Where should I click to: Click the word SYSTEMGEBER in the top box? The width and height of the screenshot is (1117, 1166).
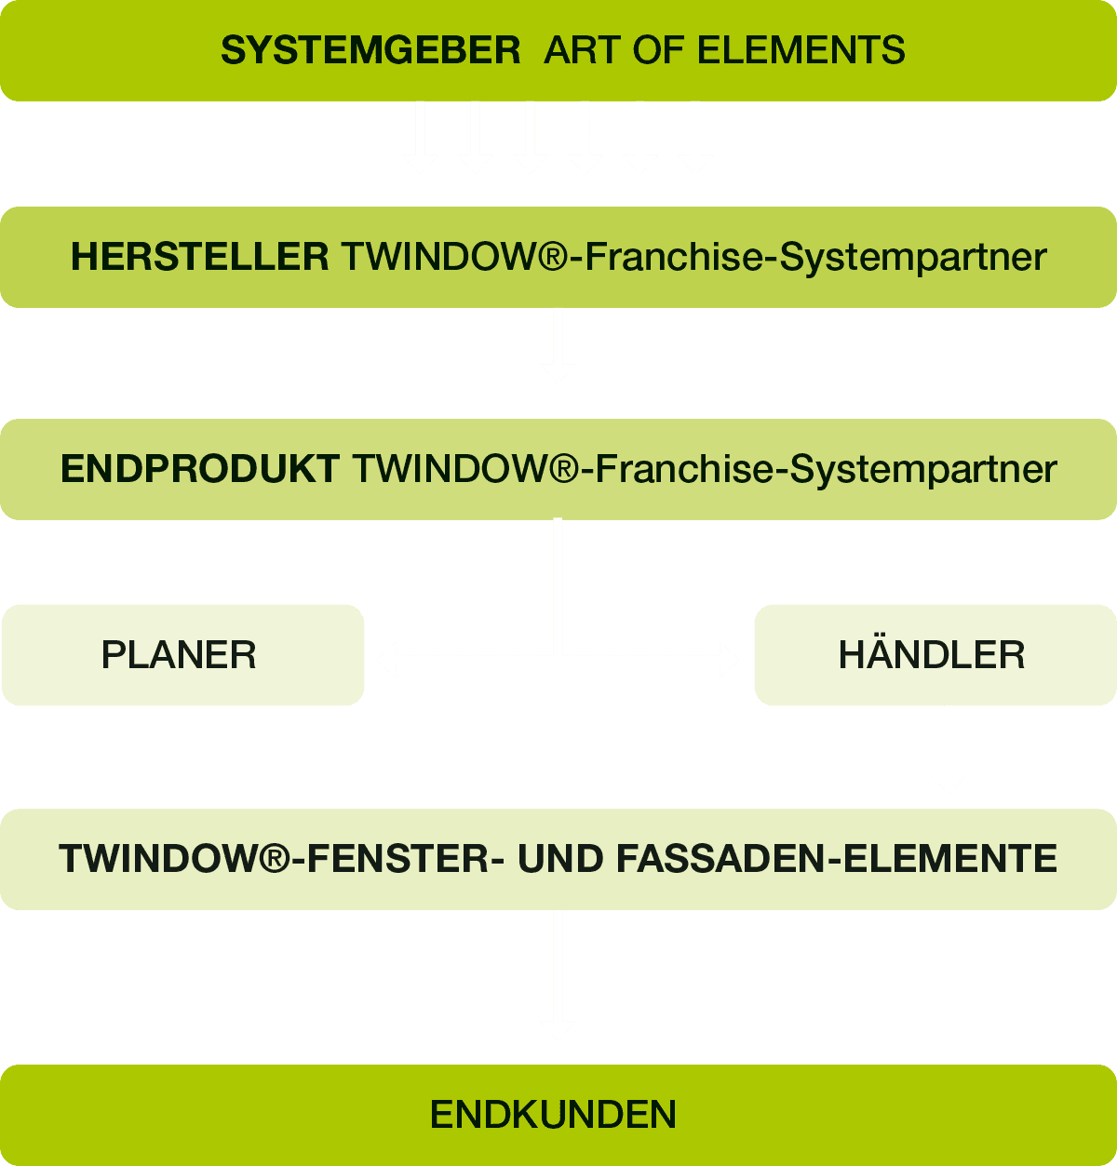click(x=370, y=50)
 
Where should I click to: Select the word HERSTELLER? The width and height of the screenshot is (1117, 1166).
click(x=199, y=257)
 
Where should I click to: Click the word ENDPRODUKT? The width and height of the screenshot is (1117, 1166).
click(x=199, y=469)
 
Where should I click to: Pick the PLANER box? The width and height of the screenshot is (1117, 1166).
click(x=182, y=655)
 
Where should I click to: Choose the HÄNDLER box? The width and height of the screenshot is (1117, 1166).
click(x=934, y=655)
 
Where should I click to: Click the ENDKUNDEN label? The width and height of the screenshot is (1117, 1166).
click(x=553, y=1115)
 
